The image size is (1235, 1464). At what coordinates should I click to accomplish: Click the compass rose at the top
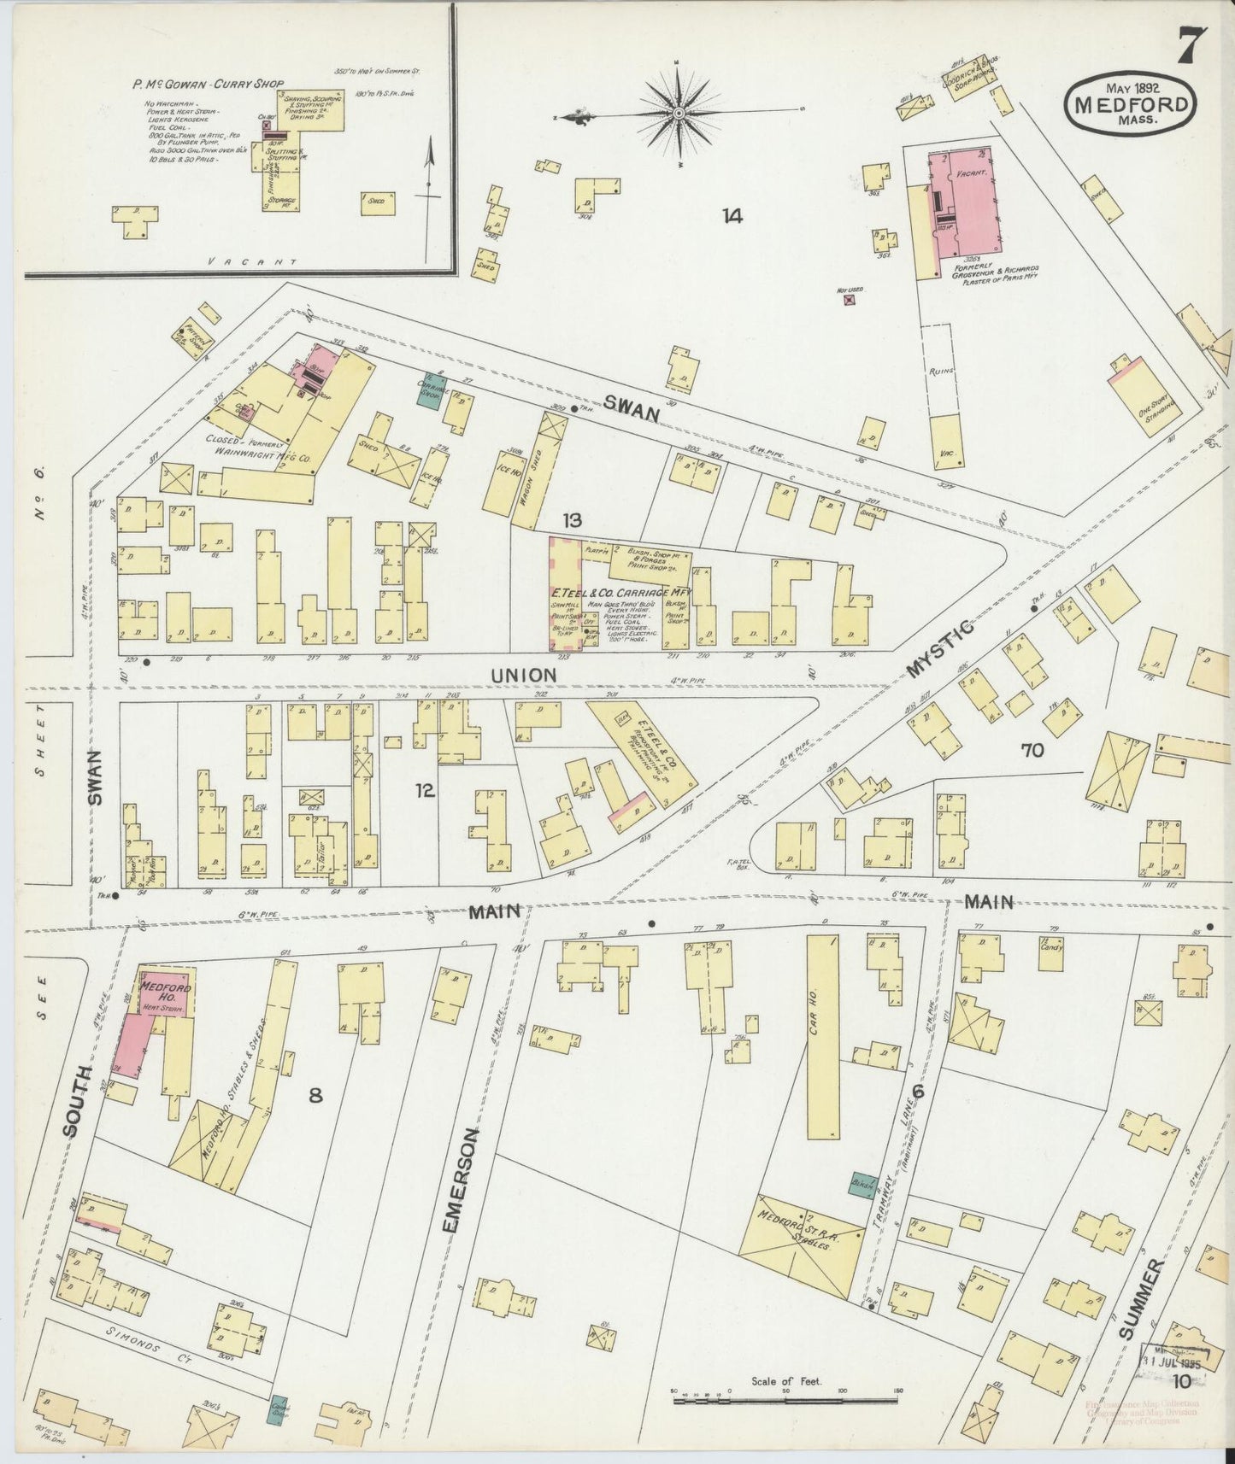coord(678,112)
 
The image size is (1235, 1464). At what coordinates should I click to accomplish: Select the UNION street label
coord(523,675)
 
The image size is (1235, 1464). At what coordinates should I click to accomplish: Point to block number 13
coord(572,520)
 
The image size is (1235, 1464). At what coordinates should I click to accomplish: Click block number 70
coord(1032,750)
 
